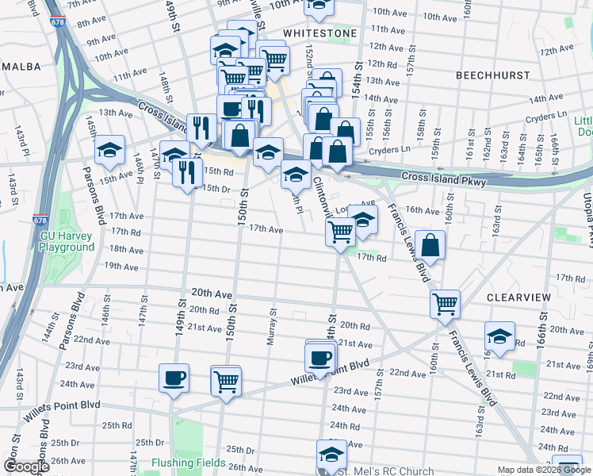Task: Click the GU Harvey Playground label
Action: [x=67, y=241]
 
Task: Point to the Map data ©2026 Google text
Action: [x=545, y=470]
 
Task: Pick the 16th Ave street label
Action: [x=422, y=211]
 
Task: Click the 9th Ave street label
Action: [x=101, y=41]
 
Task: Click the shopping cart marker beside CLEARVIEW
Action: [x=445, y=303]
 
